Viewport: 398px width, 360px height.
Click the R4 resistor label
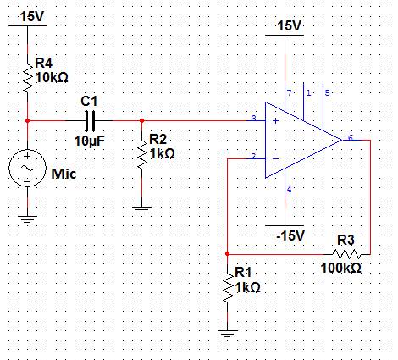(43, 63)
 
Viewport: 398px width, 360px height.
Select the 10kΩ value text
(52, 77)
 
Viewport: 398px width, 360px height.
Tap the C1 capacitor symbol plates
(90, 121)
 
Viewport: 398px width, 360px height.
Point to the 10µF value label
(89, 141)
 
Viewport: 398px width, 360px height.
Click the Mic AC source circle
(27, 168)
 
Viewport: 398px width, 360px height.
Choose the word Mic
(64, 174)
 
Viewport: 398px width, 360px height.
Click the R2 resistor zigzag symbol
(141, 155)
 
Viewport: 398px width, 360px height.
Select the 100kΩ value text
(341, 268)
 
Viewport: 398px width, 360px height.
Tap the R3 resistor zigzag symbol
(346, 254)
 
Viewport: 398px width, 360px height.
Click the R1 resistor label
(243, 273)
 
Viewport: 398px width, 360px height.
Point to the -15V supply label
(290, 235)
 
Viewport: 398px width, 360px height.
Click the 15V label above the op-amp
(290, 26)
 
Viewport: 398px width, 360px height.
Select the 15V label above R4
(32, 17)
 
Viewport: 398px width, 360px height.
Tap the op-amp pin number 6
(351, 137)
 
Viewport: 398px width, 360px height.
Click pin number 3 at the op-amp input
(253, 119)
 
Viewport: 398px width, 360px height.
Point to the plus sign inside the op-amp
(275, 121)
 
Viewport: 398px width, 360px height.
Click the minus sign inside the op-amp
(275, 158)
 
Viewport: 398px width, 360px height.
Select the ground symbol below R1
(228, 333)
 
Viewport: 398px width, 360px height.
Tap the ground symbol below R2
(141, 210)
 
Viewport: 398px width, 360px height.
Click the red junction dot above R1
(228, 254)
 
